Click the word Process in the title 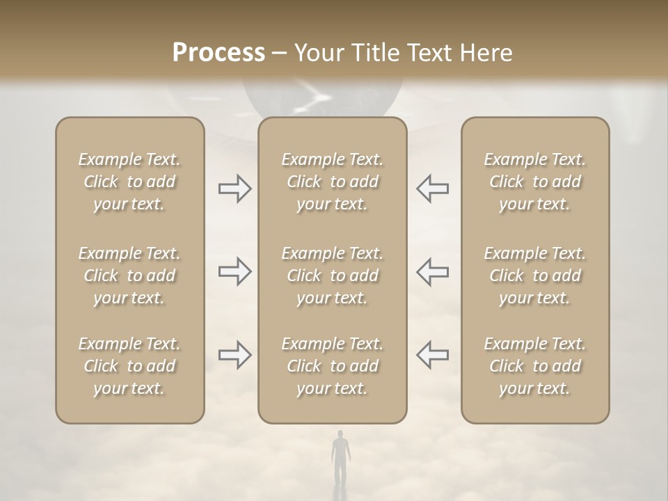tap(218, 53)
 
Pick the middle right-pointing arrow tap(235, 271)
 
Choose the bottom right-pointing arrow tap(235, 355)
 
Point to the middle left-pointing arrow tap(432, 271)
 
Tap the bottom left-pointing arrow tap(432, 355)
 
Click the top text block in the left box tap(129, 182)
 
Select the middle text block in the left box tap(129, 276)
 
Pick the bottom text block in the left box tap(129, 366)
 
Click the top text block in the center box tap(333, 182)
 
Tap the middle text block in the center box tap(333, 276)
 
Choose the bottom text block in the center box tap(333, 366)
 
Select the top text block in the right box tap(535, 182)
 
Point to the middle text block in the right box tap(535, 276)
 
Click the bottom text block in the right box tap(535, 366)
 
